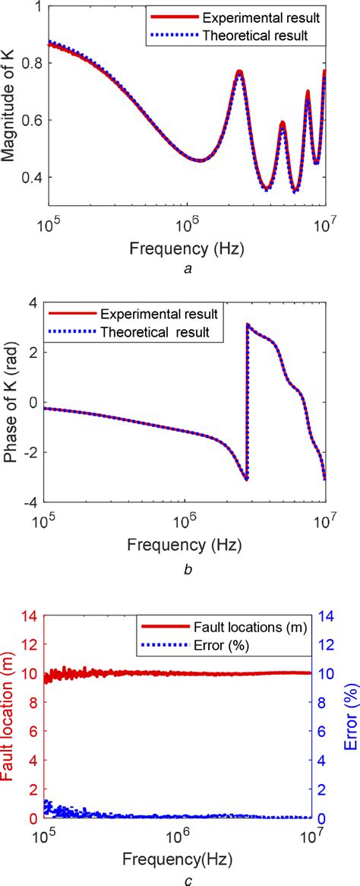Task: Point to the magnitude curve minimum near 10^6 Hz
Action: [x=197, y=160]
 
